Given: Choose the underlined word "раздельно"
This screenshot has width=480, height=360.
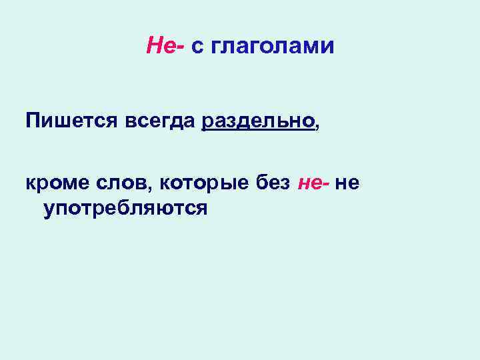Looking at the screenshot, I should [257, 121].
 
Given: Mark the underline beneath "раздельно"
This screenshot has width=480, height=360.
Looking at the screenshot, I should [257, 132].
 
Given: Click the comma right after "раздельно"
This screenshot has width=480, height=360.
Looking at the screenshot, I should [316, 127].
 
